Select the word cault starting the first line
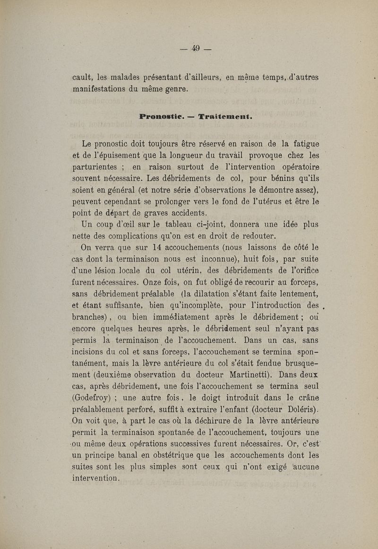[82, 77]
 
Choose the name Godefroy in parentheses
[91, 399]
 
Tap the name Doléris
[298, 410]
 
